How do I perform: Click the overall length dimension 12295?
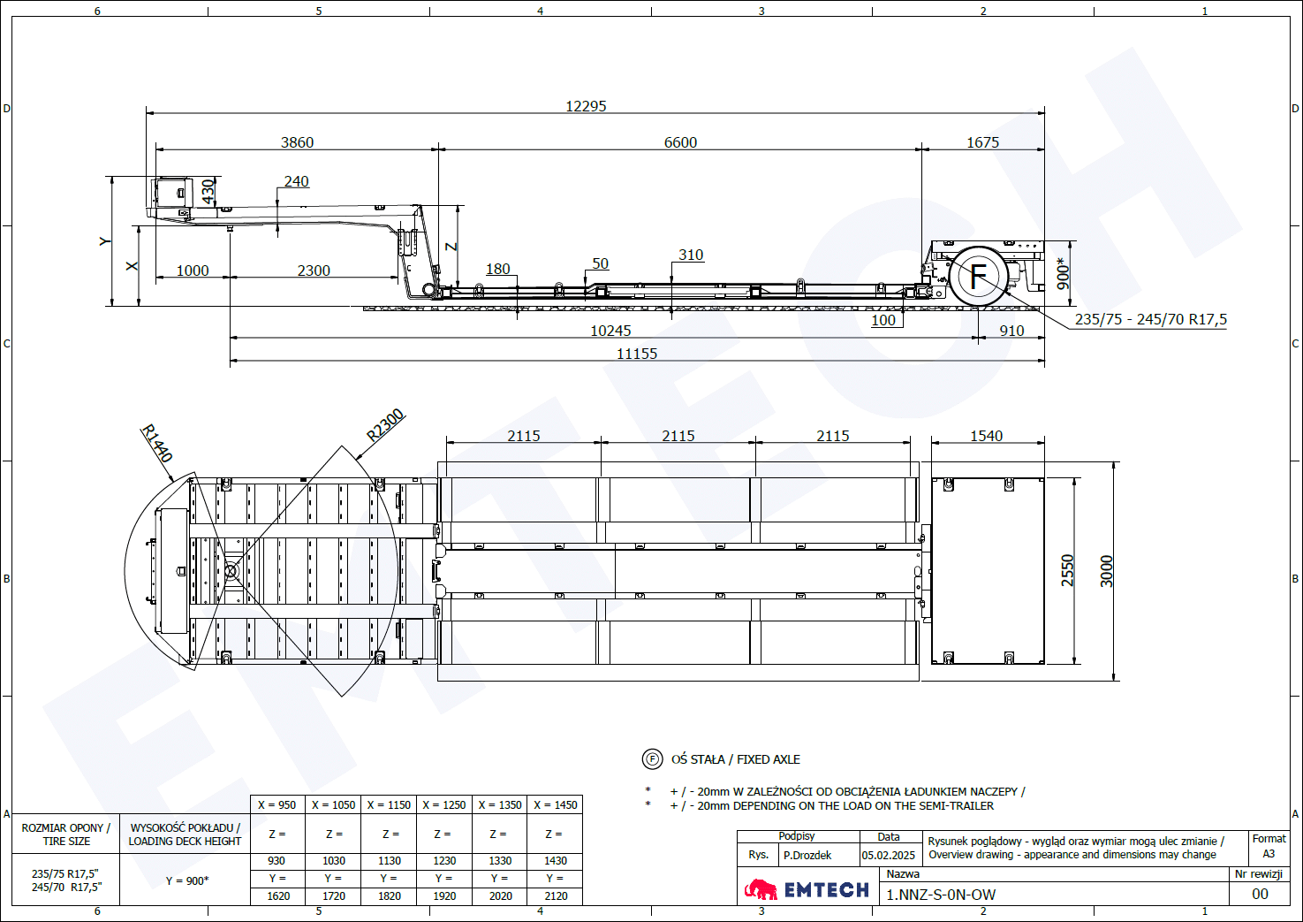pos(586,106)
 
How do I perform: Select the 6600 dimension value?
pos(680,142)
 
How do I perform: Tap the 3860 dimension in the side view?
pos(297,142)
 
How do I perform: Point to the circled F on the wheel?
pos(979,276)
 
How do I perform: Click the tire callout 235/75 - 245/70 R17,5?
pos(1150,319)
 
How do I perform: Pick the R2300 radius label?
pos(385,425)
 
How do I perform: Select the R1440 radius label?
pos(157,444)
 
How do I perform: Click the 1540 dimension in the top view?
pos(987,436)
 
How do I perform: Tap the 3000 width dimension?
pos(1106,571)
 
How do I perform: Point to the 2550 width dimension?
pos(1067,570)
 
